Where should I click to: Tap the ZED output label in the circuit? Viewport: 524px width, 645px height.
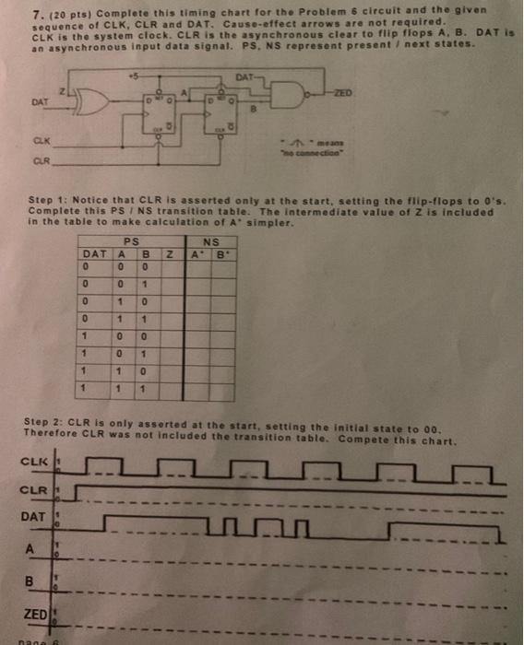click(344, 93)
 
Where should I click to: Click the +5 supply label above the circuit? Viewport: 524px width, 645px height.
click(136, 67)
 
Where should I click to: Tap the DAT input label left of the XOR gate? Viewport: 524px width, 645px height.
click(40, 101)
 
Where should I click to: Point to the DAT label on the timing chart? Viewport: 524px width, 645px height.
click(32, 518)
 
